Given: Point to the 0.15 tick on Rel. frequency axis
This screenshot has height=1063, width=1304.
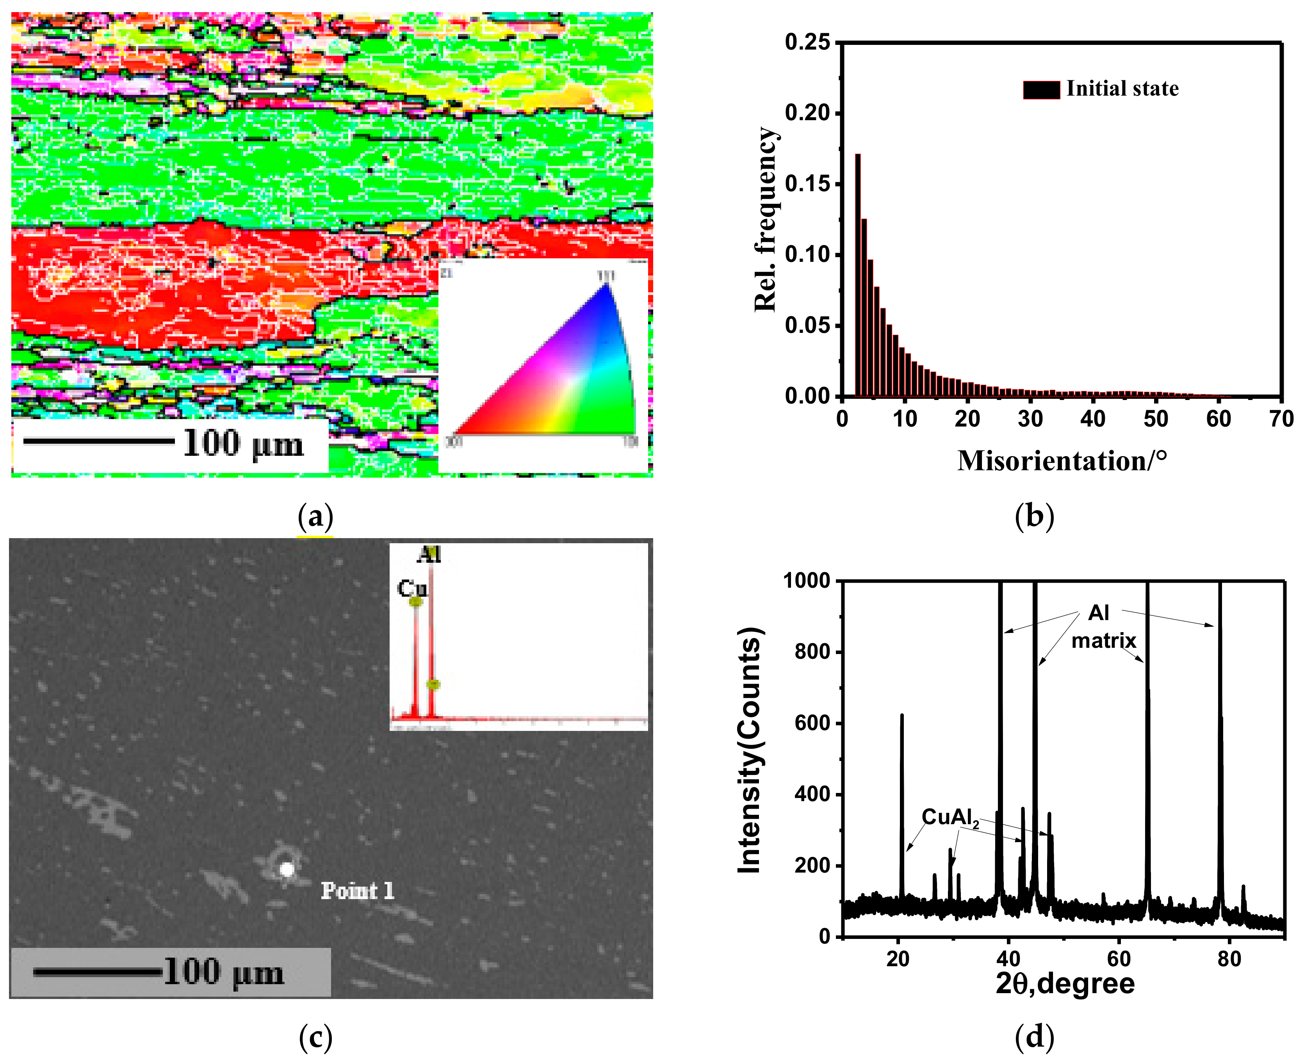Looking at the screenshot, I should click(x=839, y=184).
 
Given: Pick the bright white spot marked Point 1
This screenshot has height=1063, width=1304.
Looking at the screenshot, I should click(x=287, y=869).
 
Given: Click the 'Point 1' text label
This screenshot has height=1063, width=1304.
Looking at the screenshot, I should click(x=357, y=891).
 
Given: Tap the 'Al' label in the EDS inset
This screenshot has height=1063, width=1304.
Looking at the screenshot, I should click(x=428, y=555).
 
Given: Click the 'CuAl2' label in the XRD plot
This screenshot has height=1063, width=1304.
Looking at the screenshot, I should click(x=950, y=818).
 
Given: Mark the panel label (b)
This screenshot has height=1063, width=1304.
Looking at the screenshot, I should click(x=1034, y=516).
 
